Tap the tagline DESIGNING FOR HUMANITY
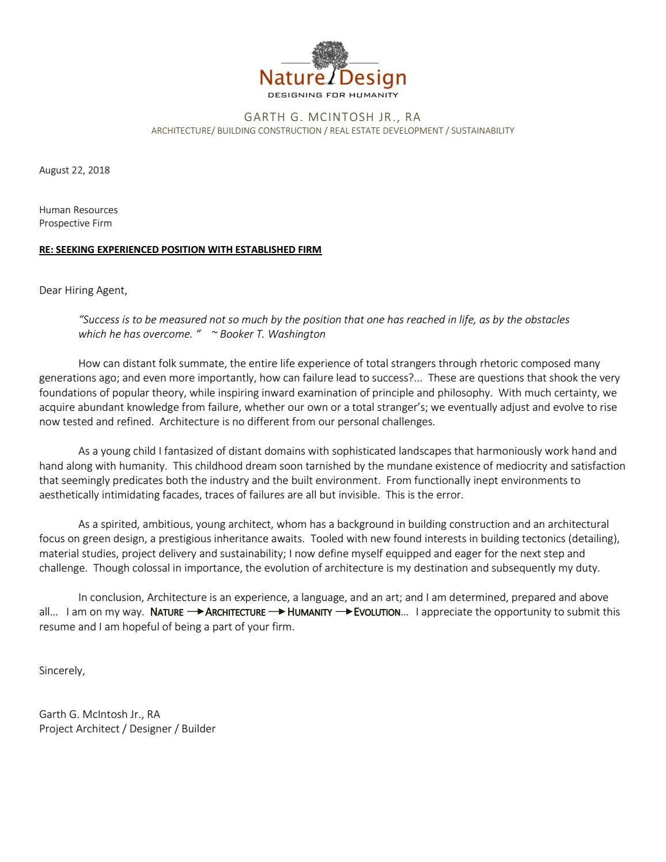coord(333,95)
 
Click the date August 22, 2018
coord(74,170)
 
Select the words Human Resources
coord(78,210)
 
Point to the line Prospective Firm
coord(75,223)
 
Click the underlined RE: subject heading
coord(180,249)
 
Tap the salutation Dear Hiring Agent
coord(83,290)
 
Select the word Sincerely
coord(62,671)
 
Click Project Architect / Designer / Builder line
coord(127,729)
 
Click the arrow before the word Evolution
coord(344,612)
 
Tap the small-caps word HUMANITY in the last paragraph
coord(310,613)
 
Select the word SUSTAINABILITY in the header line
coord(482,131)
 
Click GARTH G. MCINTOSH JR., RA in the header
coord(332,117)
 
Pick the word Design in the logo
coord(373,78)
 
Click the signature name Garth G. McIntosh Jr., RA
coord(100,714)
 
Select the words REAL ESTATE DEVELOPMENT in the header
coord(386,131)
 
